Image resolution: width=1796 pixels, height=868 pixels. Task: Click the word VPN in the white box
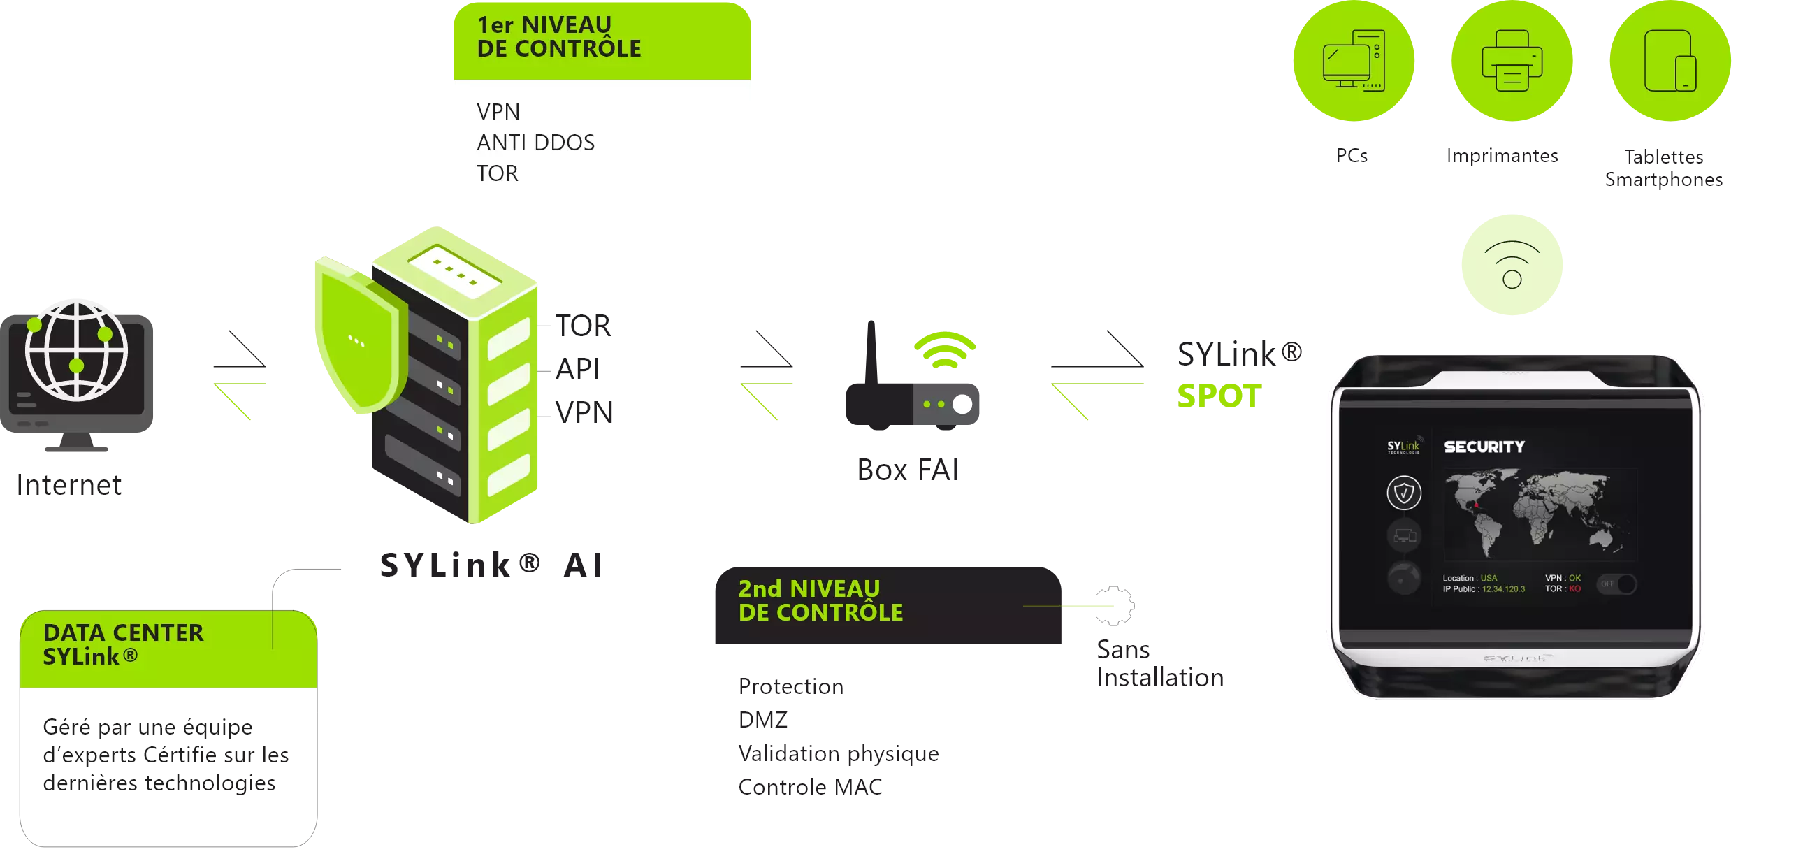[498, 112]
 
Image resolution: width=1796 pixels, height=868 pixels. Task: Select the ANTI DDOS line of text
[535, 143]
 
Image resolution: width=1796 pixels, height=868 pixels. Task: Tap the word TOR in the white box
[498, 173]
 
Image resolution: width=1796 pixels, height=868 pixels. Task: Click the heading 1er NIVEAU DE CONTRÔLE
[558, 37]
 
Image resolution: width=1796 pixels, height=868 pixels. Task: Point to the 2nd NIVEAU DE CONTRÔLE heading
[820, 601]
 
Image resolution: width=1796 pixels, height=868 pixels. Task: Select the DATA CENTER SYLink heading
[123, 644]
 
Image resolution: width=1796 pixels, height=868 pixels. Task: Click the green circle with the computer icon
[1353, 61]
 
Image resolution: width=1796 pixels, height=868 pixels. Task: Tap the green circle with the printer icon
[1512, 61]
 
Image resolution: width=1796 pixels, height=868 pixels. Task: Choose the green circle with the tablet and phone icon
[1670, 61]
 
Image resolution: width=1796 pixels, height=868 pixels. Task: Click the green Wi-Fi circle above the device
[1512, 266]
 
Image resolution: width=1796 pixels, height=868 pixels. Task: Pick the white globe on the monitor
[77, 349]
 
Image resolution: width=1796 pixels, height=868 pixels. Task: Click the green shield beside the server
[358, 339]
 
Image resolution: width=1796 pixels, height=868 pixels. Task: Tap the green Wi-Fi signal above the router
[945, 349]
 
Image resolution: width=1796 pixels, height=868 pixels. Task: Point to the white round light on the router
[962, 404]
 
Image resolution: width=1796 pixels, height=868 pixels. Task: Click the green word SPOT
[1218, 396]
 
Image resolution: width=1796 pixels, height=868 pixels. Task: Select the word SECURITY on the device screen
[1484, 447]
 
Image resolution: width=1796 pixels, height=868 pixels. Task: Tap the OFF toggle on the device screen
[1617, 584]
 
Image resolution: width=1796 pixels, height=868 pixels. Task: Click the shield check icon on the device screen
[1404, 493]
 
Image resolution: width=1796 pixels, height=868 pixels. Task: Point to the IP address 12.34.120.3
[1503, 589]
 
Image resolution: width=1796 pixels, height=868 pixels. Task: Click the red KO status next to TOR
[1574, 589]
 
